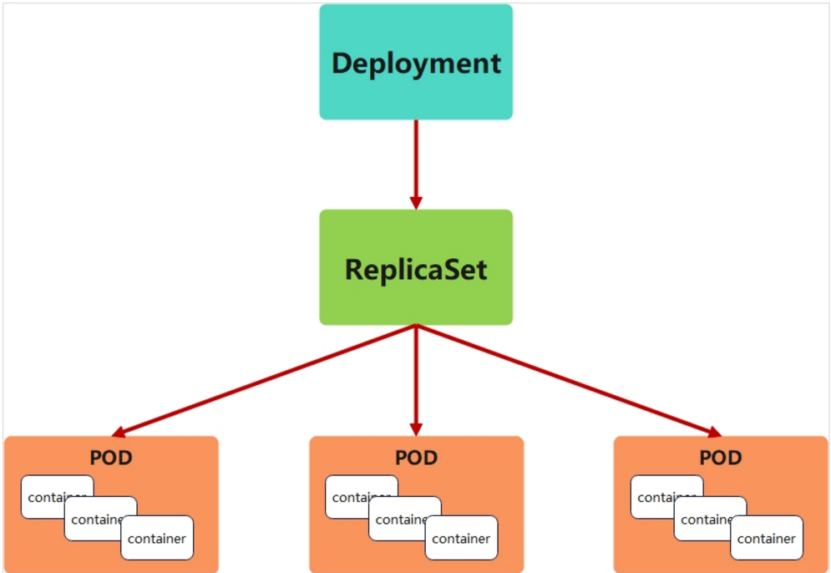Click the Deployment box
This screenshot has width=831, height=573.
(416, 62)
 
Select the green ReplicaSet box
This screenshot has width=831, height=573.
(416, 267)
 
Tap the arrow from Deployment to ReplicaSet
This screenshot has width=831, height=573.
(416, 165)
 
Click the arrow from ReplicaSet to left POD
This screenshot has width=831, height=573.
(264, 381)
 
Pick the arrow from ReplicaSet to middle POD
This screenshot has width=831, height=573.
(416, 381)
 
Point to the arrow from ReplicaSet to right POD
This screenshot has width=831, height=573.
(570, 381)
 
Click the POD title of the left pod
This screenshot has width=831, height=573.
(111, 458)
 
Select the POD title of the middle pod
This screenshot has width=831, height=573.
(416, 458)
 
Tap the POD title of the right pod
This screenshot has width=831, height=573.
(721, 458)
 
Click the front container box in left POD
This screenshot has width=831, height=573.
(157, 538)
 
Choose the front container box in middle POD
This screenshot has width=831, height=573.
(462, 538)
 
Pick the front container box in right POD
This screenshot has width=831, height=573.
(767, 538)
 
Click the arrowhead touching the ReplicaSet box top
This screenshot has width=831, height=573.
(416, 204)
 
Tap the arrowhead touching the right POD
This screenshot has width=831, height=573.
(716, 433)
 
